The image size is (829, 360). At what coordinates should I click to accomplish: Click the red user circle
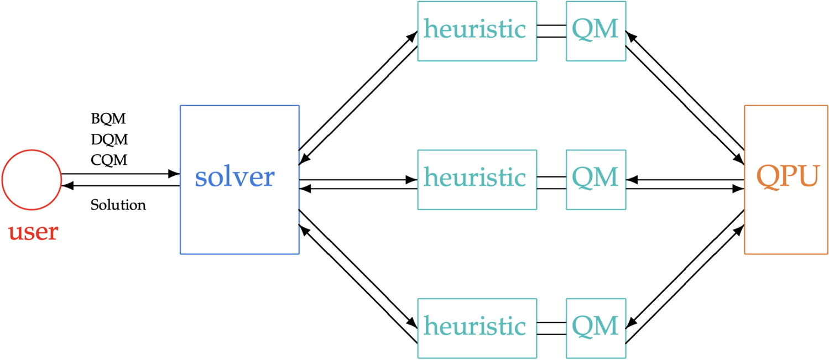31,180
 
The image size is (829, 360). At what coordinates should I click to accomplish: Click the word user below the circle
33,232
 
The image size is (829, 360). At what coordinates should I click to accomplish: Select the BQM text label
109,119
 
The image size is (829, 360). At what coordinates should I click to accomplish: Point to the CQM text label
109,160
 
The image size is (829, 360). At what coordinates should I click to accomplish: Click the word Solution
118,205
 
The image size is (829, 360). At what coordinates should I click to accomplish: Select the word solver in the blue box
234,177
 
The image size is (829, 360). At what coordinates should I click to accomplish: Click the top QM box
596,30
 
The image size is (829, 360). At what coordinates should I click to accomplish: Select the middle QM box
596,179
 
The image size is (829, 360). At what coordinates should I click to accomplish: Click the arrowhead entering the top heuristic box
413,36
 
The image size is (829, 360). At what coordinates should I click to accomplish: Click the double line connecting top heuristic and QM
551,31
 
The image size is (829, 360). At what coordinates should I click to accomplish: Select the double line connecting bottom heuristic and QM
551,328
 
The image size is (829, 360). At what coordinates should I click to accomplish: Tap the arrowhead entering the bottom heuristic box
412,323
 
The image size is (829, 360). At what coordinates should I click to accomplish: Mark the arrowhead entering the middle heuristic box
411,180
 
